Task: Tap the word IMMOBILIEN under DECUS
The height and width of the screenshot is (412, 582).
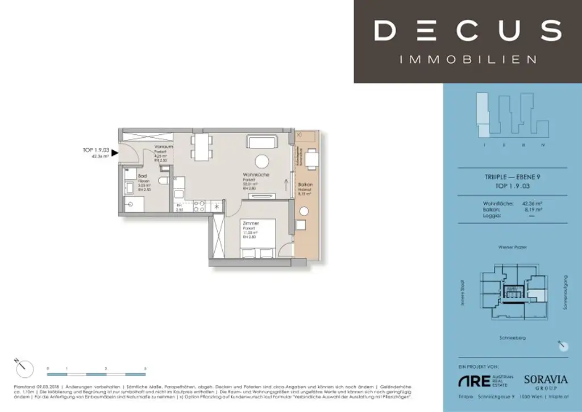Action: pyautogui.click(x=468, y=59)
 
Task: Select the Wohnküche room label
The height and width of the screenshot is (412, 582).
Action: pyautogui.click(x=256, y=175)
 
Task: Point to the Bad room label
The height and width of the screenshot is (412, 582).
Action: pyautogui.click(x=134, y=177)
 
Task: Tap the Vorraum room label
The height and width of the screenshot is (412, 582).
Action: pyautogui.click(x=164, y=147)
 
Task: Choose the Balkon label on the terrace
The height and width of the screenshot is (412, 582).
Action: pyautogui.click(x=306, y=186)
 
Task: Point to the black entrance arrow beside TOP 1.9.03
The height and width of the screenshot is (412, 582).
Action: pyautogui.click(x=115, y=153)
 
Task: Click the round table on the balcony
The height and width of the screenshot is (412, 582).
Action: pyautogui.click(x=304, y=217)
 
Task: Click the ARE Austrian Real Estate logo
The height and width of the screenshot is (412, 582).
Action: pyautogui.click(x=477, y=381)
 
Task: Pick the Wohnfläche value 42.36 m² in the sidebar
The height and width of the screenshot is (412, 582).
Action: pyautogui.click(x=534, y=203)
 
